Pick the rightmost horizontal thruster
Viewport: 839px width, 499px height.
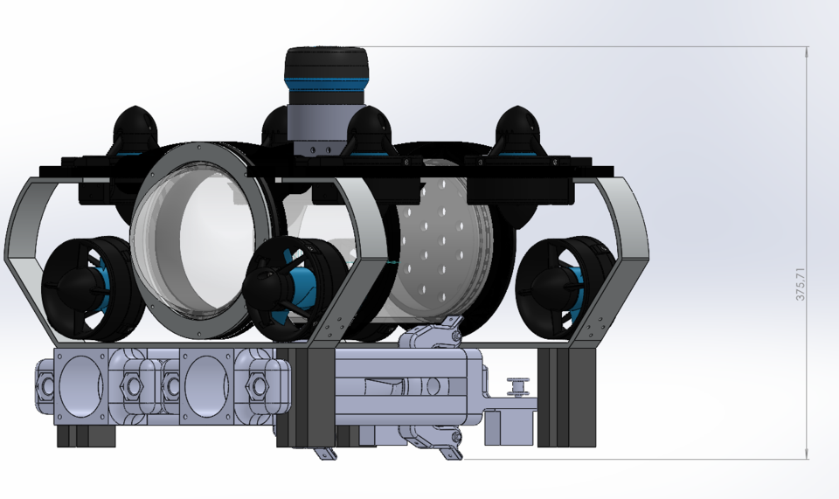tap(560, 287)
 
